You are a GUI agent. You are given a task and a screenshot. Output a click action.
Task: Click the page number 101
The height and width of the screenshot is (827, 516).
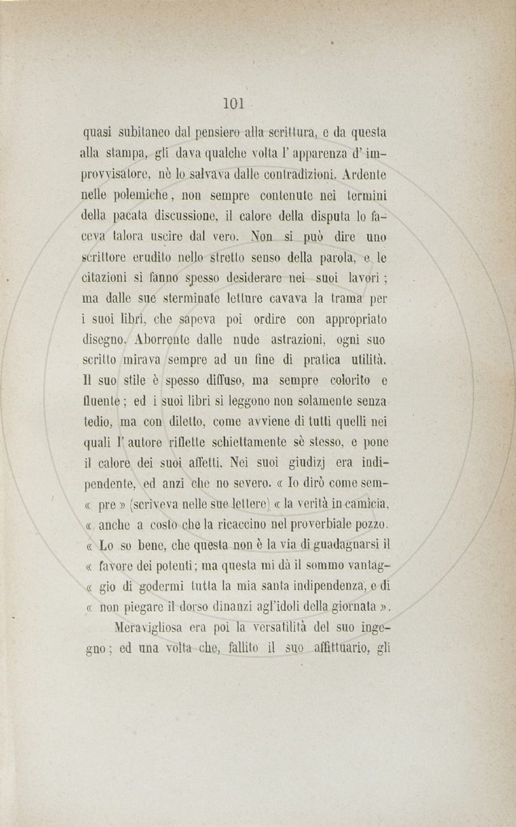(234, 103)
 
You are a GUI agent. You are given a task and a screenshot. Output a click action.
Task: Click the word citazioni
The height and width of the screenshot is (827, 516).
(108, 277)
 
